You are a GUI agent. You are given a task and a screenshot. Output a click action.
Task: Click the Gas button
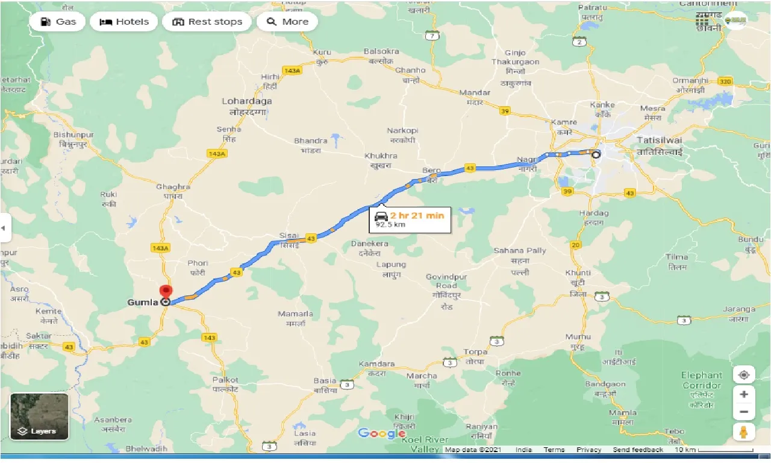point(58,22)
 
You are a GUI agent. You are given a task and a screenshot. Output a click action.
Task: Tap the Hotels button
point(124,22)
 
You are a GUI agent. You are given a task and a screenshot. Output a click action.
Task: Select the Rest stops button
point(207,22)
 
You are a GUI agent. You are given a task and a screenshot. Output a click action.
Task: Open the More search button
point(287,22)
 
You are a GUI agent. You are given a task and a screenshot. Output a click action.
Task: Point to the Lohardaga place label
point(246,101)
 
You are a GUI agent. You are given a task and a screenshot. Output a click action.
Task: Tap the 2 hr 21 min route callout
point(411,219)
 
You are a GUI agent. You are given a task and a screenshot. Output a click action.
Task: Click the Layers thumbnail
point(39,416)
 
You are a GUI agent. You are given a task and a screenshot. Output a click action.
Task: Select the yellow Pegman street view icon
point(744,432)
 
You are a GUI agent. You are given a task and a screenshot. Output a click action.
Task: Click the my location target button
point(744,375)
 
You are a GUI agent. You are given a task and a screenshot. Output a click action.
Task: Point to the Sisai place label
point(289,236)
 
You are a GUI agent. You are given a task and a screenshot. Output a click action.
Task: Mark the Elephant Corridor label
point(702,380)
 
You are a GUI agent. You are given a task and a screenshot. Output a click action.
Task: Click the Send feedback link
point(638,450)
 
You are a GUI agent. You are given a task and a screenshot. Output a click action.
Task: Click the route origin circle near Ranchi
point(596,154)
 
